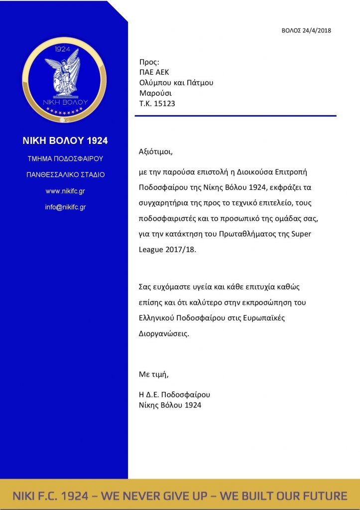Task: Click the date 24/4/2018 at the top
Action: tap(317, 30)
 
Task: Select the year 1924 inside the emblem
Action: tap(63, 49)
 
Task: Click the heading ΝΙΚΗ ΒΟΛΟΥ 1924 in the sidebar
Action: tap(65, 141)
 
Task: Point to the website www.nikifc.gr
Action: tap(65, 191)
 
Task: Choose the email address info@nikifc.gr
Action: tap(65, 207)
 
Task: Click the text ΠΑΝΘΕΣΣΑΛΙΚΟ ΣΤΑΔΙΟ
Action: tap(65, 175)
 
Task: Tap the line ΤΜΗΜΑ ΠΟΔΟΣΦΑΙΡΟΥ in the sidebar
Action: tap(65, 159)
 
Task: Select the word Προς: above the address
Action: tap(149, 62)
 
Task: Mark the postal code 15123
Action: tap(164, 104)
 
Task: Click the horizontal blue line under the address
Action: tap(236, 116)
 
